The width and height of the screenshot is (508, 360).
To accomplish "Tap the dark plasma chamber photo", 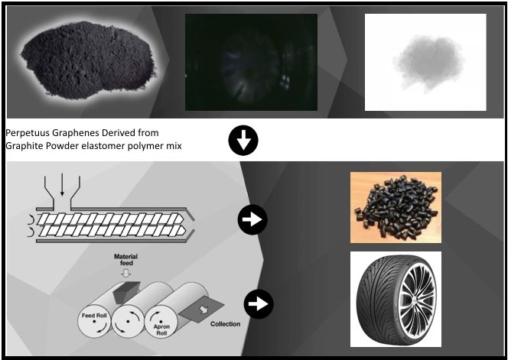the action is pyautogui.click(x=251, y=62).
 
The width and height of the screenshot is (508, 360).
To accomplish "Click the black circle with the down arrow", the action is pyautogui.click(x=243, y=141).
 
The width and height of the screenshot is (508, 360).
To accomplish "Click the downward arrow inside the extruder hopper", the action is pyautogui.click(x=62, y=184).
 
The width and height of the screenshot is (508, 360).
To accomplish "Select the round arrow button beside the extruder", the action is pyautogui.click(x=252, y=219).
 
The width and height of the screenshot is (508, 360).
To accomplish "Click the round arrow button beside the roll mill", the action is pyautogui.click(x=259, y=304).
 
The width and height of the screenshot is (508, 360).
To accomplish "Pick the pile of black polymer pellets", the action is pyautogui.click(x=396, y=208).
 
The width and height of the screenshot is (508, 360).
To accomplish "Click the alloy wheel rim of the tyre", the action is pyautogui.click(x=417, y=299).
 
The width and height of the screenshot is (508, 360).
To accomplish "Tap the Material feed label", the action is pyautogui.click(x=126, y=260).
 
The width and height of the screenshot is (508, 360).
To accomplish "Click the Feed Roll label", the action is pyautogui.click(x=94, y=316).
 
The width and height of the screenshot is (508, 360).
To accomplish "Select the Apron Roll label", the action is pyautogui.click(x=161, y=330).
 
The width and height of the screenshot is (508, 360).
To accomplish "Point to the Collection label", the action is pyautogui.click(x=225, y=324).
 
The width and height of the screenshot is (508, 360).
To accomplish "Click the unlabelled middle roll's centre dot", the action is pyautogui.click(x=128, y=322).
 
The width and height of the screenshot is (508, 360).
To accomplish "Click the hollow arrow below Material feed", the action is pyautogui.click(x=125, y=273).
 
